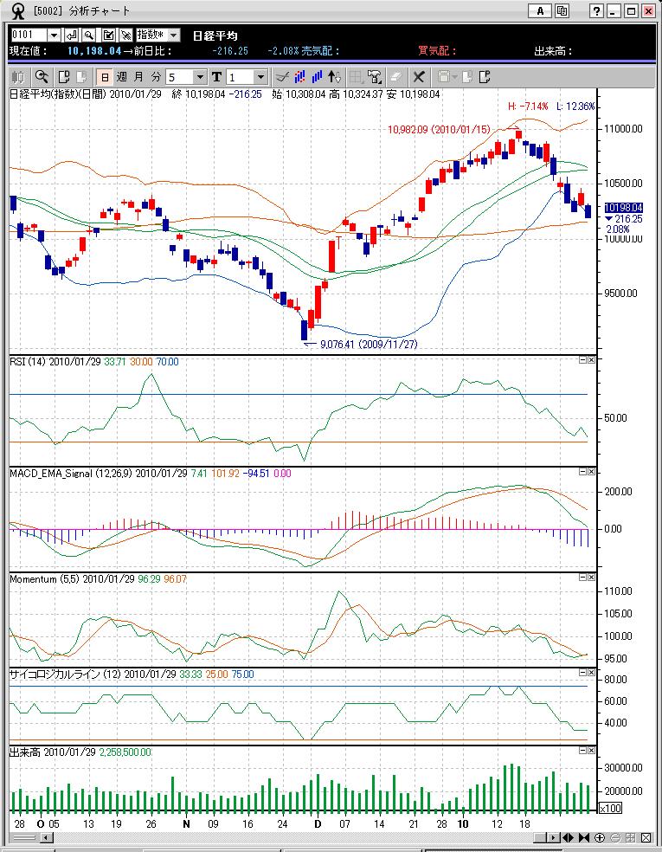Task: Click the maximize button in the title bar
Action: tap(632, 10)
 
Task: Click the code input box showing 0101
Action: tap(28, 35)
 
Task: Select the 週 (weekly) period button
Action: tap(121, 77)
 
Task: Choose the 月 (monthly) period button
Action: tap(138, 77)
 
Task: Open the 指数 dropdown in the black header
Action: tap(157, 35)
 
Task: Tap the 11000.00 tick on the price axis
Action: tap(621, 128)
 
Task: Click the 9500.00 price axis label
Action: tap(620, 294)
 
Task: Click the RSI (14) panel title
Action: tap(27, 361)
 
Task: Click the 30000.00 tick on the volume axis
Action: tap(621, 768)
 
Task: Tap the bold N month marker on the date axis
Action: tap(186, 825)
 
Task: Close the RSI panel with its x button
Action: tap(591, 360)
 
